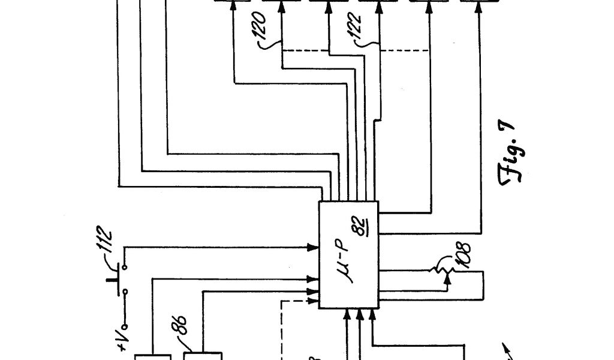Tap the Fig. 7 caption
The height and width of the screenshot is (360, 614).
(508, 157)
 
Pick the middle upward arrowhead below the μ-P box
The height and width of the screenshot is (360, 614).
(360, 313)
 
